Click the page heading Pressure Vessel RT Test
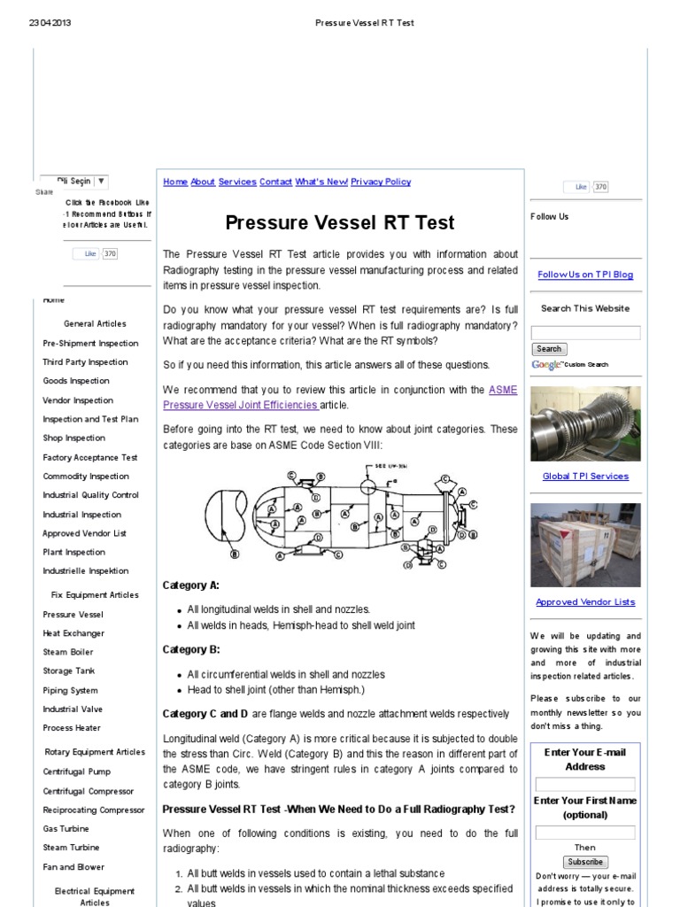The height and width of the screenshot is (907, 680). [x=340, y=223]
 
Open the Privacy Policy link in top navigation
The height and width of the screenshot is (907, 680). [x=381, y=182]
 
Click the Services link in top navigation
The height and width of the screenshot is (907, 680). [x=237, y=182]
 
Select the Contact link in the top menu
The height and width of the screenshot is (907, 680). [x=275, y=182]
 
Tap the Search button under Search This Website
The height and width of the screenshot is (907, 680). [x=549, y=349]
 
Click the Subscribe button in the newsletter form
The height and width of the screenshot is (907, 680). [x=585, y=862]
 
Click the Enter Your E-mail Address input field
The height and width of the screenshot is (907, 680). [x=585, y=785]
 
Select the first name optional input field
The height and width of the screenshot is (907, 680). [x=585, y=833]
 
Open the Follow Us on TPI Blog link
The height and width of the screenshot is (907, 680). [x=585, y=275]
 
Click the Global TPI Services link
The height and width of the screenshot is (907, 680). [x=585, y=477]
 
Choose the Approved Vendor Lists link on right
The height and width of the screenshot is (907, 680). [x=585, y=602]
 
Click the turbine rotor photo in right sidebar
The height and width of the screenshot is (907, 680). [x=585, y=423]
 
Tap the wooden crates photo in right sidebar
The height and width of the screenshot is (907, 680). [x=585, y=545]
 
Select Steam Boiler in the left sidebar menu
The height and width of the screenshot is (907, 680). [x=68, y=653]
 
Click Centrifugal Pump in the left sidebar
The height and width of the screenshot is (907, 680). [x=76, y=771]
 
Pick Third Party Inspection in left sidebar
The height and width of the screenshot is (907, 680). [x=85, y=362]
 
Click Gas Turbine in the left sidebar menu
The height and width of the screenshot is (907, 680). [x=66, y=829]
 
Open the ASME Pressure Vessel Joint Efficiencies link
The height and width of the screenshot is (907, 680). [x=241, y=405]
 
